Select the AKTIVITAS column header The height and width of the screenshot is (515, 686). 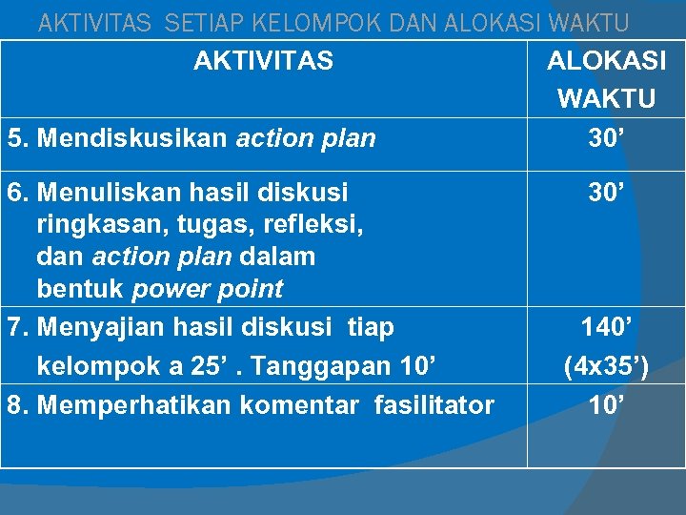(263, 62)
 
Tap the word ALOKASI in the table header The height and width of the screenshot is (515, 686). (606, 62)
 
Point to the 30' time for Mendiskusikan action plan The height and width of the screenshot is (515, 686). (606, 138)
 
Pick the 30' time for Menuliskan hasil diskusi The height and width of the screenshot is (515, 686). (606, 192)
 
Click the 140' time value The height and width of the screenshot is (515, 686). (606, 328)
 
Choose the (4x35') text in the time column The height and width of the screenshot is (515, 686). (606, 366)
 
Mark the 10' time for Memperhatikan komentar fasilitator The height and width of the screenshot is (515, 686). (606, 405)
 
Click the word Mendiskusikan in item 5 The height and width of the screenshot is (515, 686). (131, 139)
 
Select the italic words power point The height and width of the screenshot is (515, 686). (208, 289)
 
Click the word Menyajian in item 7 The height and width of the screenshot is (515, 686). (99, 328)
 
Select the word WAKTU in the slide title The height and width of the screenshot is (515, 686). (604, 22)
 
